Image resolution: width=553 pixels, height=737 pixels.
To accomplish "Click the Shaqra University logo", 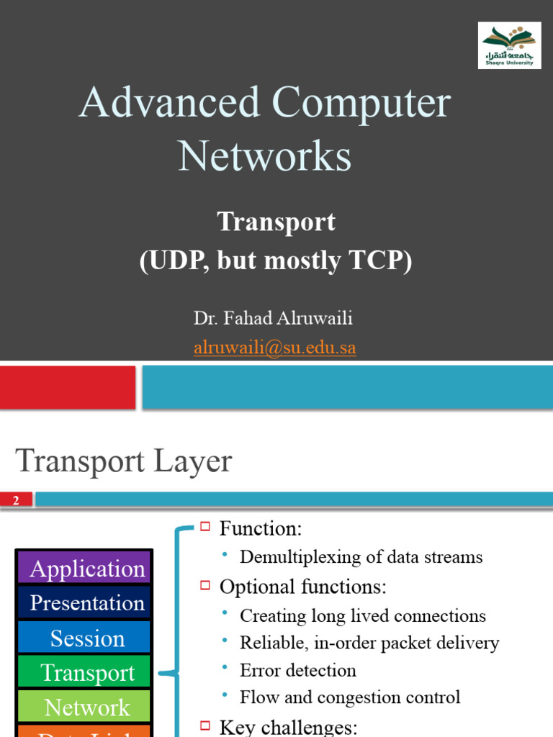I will tap(509, 45).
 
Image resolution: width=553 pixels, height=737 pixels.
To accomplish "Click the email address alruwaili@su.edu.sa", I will tap(274, 348).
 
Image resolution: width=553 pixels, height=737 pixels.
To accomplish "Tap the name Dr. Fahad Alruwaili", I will tap(273, 318).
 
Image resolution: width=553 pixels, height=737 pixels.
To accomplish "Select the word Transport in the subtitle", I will tap(276, 222).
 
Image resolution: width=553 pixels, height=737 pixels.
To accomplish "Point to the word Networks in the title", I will tap(264, 156).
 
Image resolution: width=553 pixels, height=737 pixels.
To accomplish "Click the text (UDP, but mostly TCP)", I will tap(276, 261).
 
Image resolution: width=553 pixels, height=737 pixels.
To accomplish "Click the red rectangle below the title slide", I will tap(68, 387).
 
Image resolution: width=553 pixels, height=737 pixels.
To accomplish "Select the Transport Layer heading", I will tap(124, 461).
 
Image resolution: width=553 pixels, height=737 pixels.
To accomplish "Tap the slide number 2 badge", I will tap(16, 500).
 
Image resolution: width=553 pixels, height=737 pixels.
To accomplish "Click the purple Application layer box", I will tap(84, 569).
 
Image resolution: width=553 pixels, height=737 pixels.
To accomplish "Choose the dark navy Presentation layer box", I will tap(84, 602).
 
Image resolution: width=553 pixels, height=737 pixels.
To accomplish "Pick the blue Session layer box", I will tap(84, 638).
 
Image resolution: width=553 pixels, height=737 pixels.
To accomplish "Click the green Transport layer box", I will tap(84, 672).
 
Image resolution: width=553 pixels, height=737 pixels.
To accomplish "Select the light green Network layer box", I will tap(84, 707).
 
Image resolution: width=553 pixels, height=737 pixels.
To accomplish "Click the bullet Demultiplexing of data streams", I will tap(361, 557).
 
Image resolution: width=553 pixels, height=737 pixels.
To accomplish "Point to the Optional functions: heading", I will tap(302, 587).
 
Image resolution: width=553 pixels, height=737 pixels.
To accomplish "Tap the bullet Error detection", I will tap(297, 670).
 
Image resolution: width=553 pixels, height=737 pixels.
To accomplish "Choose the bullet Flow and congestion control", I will tap(350, 697).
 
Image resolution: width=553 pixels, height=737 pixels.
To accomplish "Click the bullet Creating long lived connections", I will tap(362, 616).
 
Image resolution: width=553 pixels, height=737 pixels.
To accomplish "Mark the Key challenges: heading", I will tap(288, 727).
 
